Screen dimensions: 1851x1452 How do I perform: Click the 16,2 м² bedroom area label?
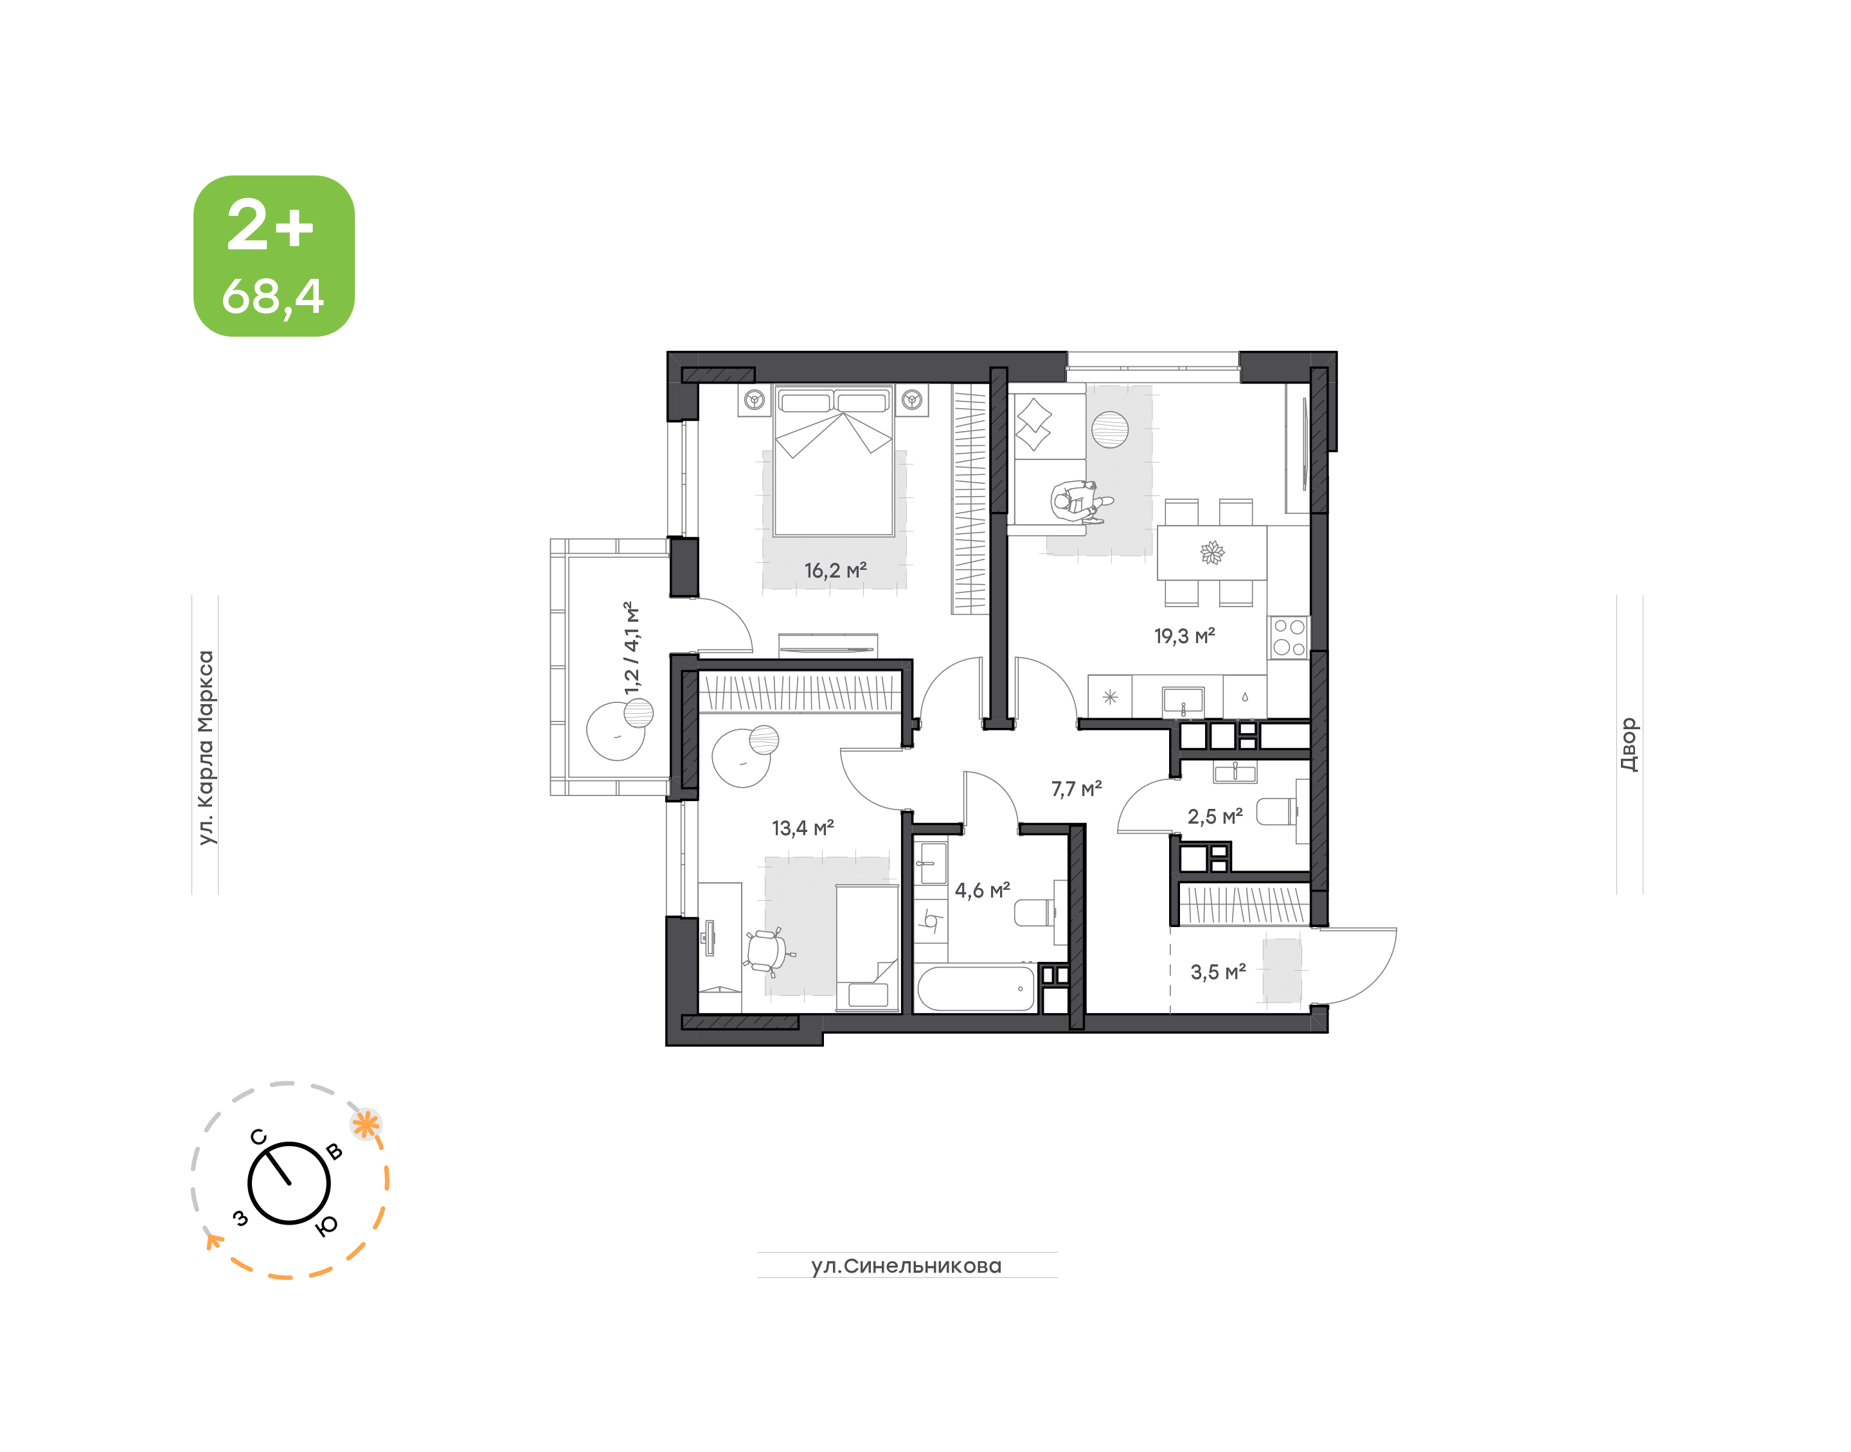[x=835, y=570]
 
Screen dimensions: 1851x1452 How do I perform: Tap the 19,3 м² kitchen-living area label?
[x=1184, y=636]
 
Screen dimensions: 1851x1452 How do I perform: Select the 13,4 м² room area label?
[x=802, y=828]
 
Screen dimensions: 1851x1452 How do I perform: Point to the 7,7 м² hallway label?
[x=1077, y=789]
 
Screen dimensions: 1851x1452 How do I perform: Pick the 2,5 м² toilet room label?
[x=1215, y=817]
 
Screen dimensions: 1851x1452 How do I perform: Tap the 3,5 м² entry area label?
[x=1217, y=971]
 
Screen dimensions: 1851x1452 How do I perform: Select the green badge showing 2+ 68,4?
[x=274, y=256]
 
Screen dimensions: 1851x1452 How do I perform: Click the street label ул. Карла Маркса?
[x=205, y=747]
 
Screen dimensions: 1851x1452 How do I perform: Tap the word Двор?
[x=1628, y=745]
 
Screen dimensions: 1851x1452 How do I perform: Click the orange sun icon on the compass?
[x=366, y=1125]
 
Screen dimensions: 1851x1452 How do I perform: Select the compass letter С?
[x=258, y=1137]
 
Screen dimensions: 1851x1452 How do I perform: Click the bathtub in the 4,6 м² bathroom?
[x=976, y=988]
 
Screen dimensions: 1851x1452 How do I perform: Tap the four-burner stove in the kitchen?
[x=1289, y=637]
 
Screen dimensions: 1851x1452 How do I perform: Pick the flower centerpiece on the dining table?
[x=1212, y=553]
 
